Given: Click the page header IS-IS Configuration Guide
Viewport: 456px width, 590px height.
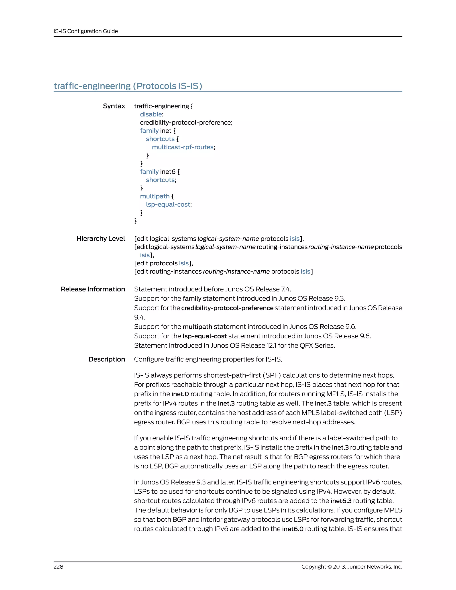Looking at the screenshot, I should coord(86,31).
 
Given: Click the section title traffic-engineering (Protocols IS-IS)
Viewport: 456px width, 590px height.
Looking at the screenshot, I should coord(128,86).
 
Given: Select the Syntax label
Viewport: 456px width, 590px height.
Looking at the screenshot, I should coord(114,106).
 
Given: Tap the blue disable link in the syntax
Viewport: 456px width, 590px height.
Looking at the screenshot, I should coord(151,114).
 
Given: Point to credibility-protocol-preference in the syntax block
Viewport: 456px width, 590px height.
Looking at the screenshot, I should coord(186,122).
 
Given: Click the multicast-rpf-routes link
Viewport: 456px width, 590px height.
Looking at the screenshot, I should coord(183,147).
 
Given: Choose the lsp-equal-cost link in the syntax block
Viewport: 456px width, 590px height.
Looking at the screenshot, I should coord(168,205).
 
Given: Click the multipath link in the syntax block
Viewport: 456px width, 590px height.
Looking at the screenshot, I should coord(155,196).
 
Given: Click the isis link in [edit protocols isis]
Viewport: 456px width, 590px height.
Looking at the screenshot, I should coord(184,263).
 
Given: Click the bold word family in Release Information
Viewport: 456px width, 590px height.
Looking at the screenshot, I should coord(192,299).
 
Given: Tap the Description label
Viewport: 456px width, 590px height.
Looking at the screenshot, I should coord(107,359).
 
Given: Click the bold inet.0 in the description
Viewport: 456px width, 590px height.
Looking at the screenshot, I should coord(180,394).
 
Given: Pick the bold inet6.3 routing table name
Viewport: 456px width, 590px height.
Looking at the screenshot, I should coord(341,501).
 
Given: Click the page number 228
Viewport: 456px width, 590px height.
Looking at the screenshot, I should coord(58,566).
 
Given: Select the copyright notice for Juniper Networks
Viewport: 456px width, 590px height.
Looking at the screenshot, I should coord(352,566).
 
